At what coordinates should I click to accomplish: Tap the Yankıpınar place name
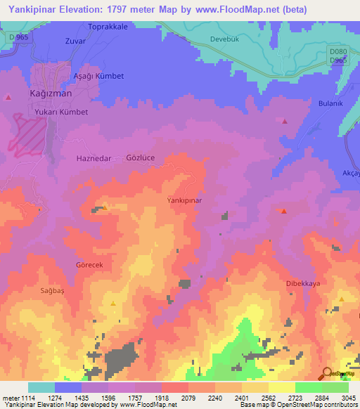click(x=184, y=200)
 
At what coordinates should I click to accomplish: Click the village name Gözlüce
click(x=140, y=158)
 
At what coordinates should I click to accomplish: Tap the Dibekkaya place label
click(x=303, y=283)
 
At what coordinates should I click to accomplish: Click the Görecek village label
click(x=89, y=264)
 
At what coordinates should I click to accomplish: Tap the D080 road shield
click(x=338, y=51)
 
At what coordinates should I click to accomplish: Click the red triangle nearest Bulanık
click(x=285, y=122)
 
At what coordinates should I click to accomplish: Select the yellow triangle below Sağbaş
click(x=113, y=303)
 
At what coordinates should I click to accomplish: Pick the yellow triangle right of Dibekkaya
click(x=340, y=299)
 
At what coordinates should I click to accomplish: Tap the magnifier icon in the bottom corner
click(x=326, y=374)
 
